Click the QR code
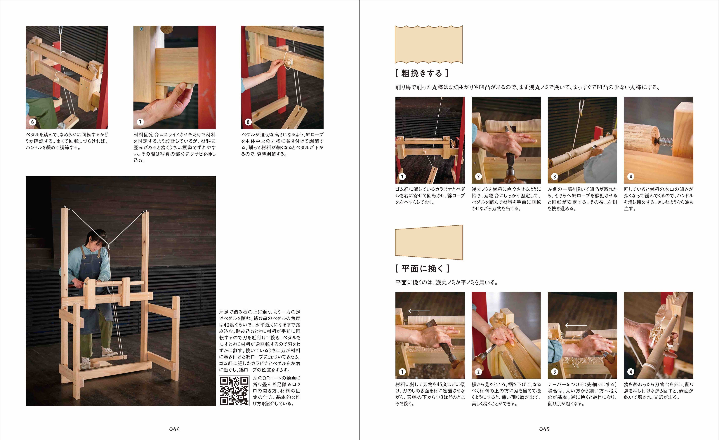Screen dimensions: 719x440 pos(234,391)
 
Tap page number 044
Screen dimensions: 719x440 pos(175,429)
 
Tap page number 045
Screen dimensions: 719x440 pos(544,429)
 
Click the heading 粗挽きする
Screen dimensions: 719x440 pos(422,73)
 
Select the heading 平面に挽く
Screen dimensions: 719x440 pos(422,268)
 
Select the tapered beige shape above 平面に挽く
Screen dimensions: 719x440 pos(429,242)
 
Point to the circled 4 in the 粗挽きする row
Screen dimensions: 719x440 pos(631,177)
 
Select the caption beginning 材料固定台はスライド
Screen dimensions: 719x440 pos(175,147)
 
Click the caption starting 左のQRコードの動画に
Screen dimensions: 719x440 pos(277,391)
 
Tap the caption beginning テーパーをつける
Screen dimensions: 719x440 pos(582,394)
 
